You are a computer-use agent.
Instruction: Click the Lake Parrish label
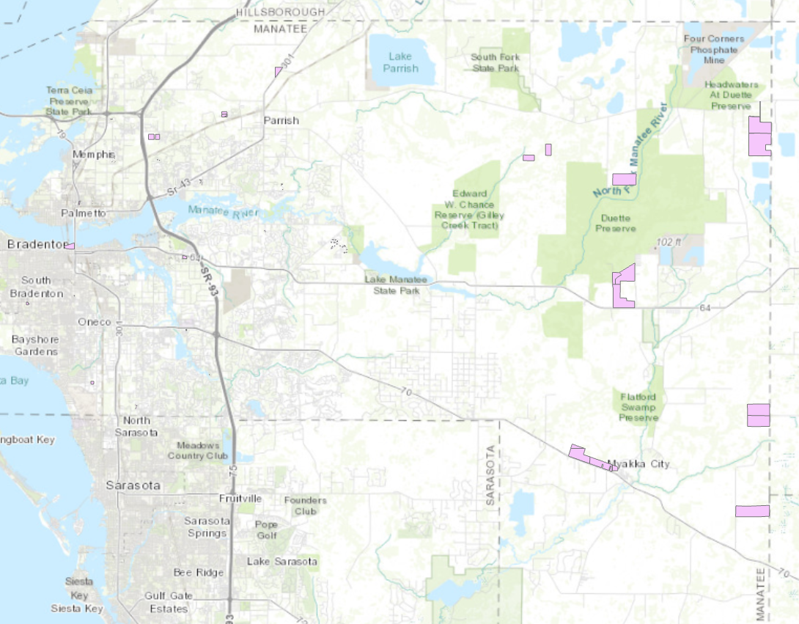[400, 62]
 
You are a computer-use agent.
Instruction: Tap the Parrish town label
[281, 120]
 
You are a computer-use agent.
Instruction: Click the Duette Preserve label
[616, 224]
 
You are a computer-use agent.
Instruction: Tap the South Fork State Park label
[495, 62]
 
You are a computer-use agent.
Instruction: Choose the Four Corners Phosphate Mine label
[713, 49]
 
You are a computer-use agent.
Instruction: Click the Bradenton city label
[32, 244]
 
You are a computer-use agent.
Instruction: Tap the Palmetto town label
[84, 213]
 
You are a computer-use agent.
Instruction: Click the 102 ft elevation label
[669, 242]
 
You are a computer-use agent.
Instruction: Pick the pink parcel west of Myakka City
[590, 457]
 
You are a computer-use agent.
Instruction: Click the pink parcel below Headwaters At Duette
[759, 138]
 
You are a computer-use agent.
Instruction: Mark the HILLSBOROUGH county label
[281, 12]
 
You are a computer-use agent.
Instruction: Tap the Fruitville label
[240, 499]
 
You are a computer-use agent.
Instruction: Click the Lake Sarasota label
[282, 562]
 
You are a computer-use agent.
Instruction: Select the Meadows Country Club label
[199, 450]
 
